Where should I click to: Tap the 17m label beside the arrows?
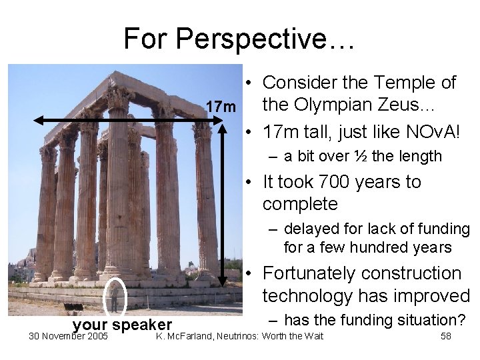(x=220, y=107)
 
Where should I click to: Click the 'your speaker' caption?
(x=122, y=325)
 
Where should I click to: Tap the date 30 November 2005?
(x=68, y=335)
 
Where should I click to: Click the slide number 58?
(x=446, y=335)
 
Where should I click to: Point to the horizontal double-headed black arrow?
(x=127, y=121)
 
